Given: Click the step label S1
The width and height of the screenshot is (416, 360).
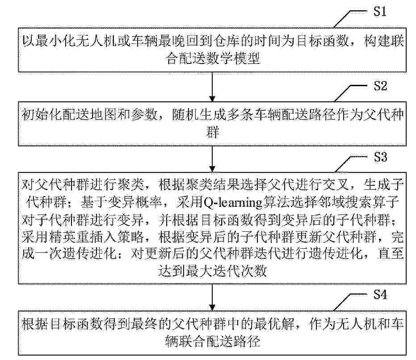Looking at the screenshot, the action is tap(380, 12).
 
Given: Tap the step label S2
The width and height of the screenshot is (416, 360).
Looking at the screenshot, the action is tap(380, 86).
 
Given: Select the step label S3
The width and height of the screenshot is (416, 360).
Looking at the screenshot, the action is tap(380, 157).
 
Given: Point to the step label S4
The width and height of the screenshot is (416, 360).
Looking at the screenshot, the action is tap(380, 294).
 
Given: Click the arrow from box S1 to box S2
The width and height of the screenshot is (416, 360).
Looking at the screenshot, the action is tap(212, 87).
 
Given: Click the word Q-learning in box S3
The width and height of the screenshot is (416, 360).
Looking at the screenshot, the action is tap(233, 203).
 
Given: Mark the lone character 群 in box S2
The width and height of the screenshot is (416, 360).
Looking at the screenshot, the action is tap(212, 132).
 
